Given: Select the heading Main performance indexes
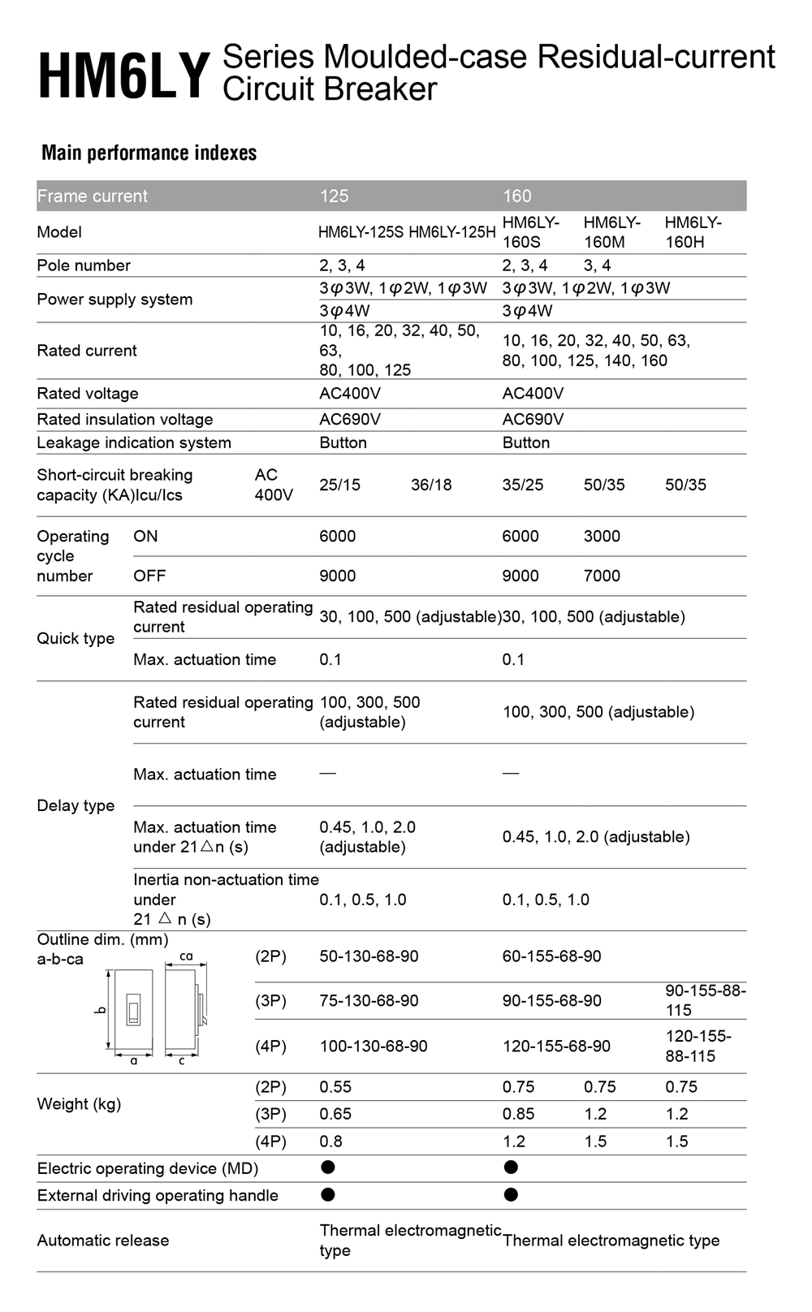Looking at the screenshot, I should click(x=149, y=153).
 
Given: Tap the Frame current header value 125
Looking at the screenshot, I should click(x=334, y=196).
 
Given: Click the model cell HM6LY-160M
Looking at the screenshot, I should click(x=611, y=232).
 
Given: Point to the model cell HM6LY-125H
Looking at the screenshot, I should click(x=451, y=232).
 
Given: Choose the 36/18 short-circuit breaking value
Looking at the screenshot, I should click(x=431, y=485).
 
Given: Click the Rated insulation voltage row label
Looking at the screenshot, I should click(x=125, y=419).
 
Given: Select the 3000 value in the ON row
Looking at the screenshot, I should click(x=602, y=536).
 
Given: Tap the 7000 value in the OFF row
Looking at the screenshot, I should click(x=602, y=576).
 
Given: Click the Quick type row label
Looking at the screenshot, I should click(x=76, y=638).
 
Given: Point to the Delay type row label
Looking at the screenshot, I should click(x=76, y=805).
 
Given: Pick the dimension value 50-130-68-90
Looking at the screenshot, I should click(x=369, y=956).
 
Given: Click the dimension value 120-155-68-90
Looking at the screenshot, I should click(x=556, y=1046).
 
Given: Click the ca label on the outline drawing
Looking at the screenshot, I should click(x=186, y=956).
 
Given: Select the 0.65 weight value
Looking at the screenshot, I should click(x=335, y=1114).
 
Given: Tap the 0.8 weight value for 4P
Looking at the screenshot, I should click(x=330, y=1142).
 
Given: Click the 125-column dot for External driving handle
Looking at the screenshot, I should click(x=328, y=1194).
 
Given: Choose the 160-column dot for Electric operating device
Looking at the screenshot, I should click(x=511, y=1167).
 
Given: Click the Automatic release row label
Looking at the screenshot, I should click(x=103, y=1241).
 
